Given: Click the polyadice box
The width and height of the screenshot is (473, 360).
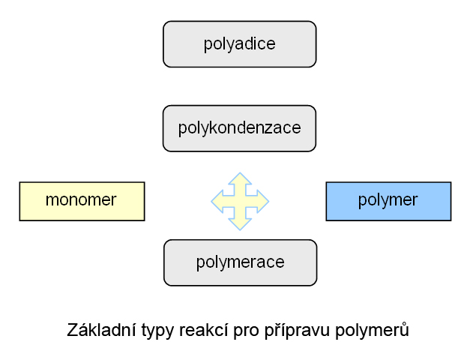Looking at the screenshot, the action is coord(240,44).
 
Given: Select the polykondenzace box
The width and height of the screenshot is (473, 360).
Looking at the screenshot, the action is coord(240,128).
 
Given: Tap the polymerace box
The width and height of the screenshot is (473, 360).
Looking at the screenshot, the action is coord(241,262).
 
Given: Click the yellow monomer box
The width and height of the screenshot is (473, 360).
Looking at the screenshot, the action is coord(82,201).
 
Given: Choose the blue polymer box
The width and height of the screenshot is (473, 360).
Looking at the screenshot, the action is coord(388,201).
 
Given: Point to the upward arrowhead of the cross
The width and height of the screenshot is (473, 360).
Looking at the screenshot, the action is coord(240,178).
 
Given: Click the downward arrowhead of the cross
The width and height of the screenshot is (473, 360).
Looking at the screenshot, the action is coord(240,224).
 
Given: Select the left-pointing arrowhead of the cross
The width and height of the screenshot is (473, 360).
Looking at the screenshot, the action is coord(217,201).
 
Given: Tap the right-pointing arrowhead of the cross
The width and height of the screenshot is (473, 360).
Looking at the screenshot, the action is coord(263,201).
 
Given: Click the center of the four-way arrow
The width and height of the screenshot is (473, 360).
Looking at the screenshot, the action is coord(240,201).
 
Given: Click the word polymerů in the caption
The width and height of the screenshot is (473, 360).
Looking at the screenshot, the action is coord(373,331).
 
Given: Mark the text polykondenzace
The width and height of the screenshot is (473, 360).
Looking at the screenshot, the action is coord(240,128).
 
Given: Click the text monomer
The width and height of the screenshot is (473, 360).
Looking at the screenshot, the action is coord(81,200).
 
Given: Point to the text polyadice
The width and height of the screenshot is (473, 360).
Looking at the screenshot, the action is coord(240,45).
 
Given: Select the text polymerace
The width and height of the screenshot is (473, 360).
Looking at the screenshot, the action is coord(241,263).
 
